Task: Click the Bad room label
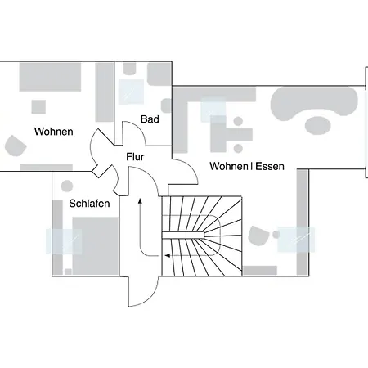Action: pyautogui.click(x=150, y=119)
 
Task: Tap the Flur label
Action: pyautogui.click(x=135, y=157)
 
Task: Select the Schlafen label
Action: pyautogui.click(x=89, y=204)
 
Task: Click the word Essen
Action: pyautogui.click(x=270, y=166)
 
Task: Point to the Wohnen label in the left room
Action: pyautogui.click(x=54, y=132)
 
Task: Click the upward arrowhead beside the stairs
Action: pyautogui.click(x=140, y=201)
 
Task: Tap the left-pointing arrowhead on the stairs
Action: pyautogui.click(x=168, y=255)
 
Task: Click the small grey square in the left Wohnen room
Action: pyautogui.click(x=38, y=107)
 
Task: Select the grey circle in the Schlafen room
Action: pyautogui.click(x=67, y=186)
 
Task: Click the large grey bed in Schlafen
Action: pyautogui.click(x=96, y=246)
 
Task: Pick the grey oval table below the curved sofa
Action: pyautogui.click(x=317, y=125)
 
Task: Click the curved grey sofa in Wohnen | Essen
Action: pyautogui.click(x=313, y=102)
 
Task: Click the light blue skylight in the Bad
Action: pyautogui.click(x=131, y=92)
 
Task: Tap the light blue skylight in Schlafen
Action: pyautogui.click(x=64, y=241)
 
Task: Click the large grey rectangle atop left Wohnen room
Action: pyautogui.click(x=50, y=77)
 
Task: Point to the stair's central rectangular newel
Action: pyautogui.click(x=183, y=236)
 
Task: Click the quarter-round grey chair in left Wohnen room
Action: pyautogui.click(x=15, y=146)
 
